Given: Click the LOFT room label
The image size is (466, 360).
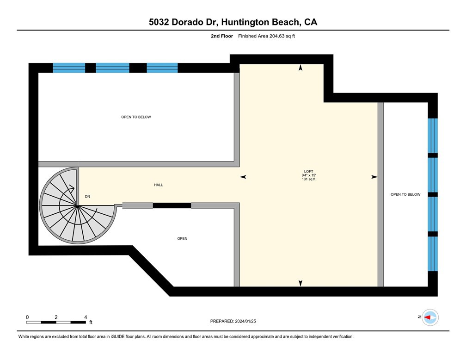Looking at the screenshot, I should (x=308, y=172).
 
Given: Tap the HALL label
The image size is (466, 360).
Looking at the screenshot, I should (x=158, y=185).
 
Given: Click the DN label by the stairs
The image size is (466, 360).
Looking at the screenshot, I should (x=87, y=197).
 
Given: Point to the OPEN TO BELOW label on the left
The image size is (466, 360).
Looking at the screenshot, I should (x=136, y=117).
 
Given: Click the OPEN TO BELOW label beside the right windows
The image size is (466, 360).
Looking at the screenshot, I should (x=405, y=194).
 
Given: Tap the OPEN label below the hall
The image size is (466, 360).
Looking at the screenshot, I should (x=182, y=239).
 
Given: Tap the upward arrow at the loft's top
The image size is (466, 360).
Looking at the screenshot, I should (x=300, y=68).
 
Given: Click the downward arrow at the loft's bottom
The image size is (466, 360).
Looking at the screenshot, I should (x=300, y=283).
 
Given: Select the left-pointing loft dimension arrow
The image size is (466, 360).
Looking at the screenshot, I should (x=243, y=177).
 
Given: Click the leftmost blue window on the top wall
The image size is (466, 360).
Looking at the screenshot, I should (x=69, y=68).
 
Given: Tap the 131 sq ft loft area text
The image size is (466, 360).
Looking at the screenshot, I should (x=308, y=180).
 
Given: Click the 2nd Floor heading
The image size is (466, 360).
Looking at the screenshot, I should (x=221, y=36).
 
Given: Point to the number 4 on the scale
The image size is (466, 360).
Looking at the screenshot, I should (x=86, y=317).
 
